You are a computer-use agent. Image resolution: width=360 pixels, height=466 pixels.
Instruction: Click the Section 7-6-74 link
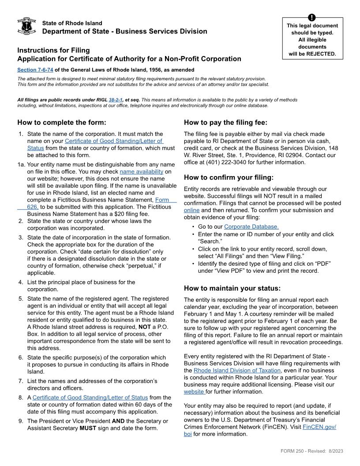[x=35, y=70]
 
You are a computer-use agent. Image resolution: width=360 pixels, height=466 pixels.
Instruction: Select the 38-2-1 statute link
[x=116, y=99]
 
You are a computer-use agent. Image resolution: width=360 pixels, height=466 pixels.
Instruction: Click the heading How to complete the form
[x=62, y=123]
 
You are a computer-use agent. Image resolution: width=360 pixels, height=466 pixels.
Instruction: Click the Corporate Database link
[x=251, y=227]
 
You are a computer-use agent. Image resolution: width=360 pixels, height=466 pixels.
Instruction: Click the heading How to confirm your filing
[x=229, y=177]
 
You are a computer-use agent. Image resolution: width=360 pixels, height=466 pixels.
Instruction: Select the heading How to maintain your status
[x=232, y=288]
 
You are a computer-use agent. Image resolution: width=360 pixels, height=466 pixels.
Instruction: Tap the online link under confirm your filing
[x=191, y=210]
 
